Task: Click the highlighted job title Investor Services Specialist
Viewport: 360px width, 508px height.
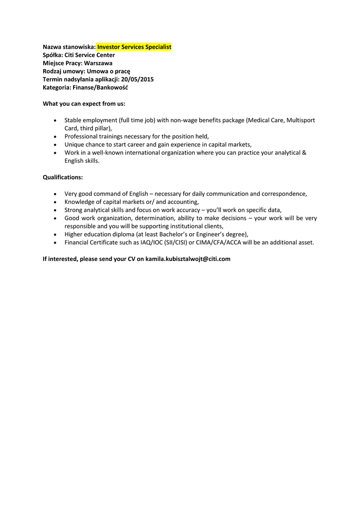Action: click(x=134, y=47)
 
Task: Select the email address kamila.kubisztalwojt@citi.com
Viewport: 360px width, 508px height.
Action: click(x=188, y=258)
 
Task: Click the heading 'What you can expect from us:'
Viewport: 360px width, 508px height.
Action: click(x=84, y=104)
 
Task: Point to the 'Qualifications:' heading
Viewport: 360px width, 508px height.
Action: click(x=63, y=177)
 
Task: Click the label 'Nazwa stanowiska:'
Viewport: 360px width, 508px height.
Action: click(x=69, y=47)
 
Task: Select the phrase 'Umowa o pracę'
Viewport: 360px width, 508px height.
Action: click(x=108, y=71)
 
